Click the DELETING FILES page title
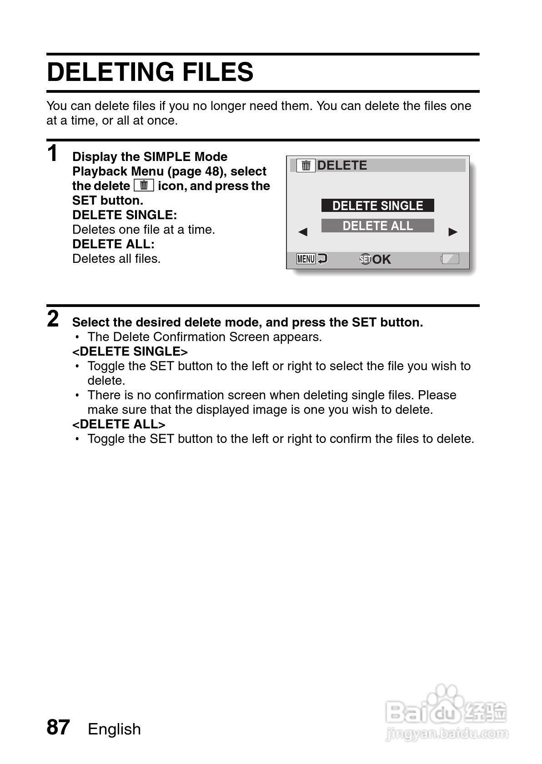(150, 72)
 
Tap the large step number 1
(53, 153)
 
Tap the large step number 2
(53, 319)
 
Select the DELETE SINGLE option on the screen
(377, 206)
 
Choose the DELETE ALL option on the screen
(377, 226)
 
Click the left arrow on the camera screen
(303, 232)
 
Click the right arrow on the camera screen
(452, 232)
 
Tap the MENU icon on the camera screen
(306, 259)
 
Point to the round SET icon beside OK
(365, 259)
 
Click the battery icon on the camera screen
(450, 259)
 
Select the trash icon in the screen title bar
(306, 166)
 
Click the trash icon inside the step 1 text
(144, 186)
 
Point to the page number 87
(58, 727)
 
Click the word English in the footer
(114, 729)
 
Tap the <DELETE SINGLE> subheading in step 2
(130, 352)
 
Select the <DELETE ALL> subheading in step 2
(119, 424)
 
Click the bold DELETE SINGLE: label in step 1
(125, 215)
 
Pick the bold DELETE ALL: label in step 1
(113, 244)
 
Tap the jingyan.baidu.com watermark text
(447, 733)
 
